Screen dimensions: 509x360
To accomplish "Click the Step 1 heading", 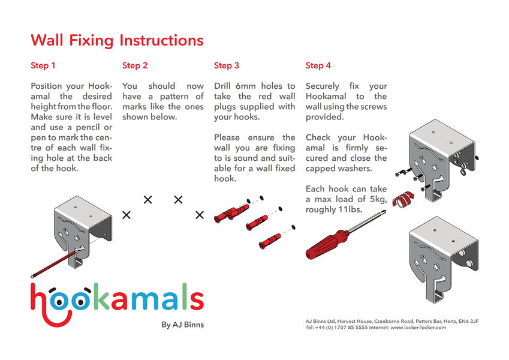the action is pyautogui.click(x=43, y=65).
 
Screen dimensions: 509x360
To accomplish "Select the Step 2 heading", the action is pyautogui.click(x=135, y=65).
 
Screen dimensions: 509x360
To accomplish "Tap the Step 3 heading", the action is pyautogui.click(x=226, y=65).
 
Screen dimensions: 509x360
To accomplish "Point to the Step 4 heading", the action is pyautogui.click(x=318, y=65).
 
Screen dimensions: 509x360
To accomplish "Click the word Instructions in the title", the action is pyautogui.click(x=162, y=40).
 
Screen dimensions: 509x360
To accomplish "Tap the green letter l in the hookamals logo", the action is pyautogui.click(x=183, y=296).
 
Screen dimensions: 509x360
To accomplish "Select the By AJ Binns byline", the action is pyautogui.click(x=182, y=325).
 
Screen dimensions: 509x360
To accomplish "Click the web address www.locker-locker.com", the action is pyautogui.click(x=418, y=328).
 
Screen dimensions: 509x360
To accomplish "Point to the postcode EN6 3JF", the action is pyautogui.click(x=468, y=322).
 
